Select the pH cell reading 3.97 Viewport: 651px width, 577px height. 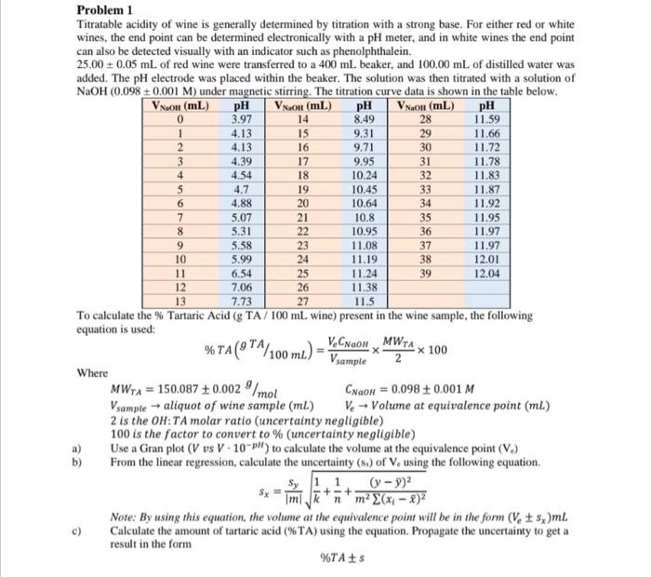pyautogui.click(x=241, y=119)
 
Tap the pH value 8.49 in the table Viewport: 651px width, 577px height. pyautogui.click(x=365, y=119)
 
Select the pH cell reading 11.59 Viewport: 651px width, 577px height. pyautogui.click(x=485, y=119)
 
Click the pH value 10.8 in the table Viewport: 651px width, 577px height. pyautogui.click(x=365, y=210)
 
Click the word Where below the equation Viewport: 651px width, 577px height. pyautogui.click(x=91, y=373)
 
